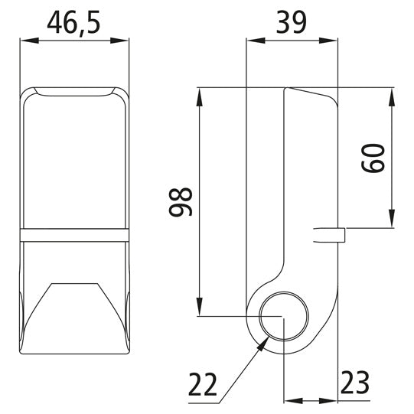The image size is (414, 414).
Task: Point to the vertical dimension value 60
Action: (373, 157)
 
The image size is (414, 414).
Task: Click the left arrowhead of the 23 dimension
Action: (290, 400)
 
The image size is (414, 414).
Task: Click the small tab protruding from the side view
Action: (332, 233)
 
